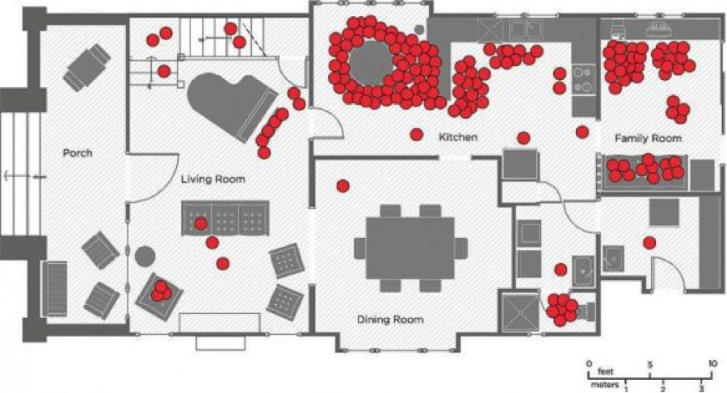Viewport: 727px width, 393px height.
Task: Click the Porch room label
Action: pyautogui.click(x=78, y=153)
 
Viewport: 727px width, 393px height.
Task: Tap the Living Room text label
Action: pyautogui.click(x=212, y=178)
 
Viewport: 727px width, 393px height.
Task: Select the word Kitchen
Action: pyautogui.click(x=458, y=137)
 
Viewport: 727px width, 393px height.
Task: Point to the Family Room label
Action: pyautogui.click(x=648, y=139)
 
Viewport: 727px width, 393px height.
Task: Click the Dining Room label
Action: pyautogui.click(x=390, y=320)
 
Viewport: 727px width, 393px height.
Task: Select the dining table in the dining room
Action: pyautogui.click(x=410, y=248)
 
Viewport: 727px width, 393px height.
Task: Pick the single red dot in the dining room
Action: pyautogui.click(x=342, y=186)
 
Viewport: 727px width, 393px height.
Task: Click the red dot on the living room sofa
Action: pyautogui.click(x=200, y=224)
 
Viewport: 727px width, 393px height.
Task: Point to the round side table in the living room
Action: pyautogui.click(x=145, y=257)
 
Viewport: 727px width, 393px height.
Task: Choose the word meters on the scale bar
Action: pyautogui.click(x=604, y=385)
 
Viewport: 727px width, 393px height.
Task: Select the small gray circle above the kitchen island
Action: pyautogui.click(x=419, y=29)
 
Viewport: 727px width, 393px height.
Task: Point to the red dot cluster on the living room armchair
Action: pyautogui.click(x=162, y=291)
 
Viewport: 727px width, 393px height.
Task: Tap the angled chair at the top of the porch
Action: pyautogui.click(x=87, y=67)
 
